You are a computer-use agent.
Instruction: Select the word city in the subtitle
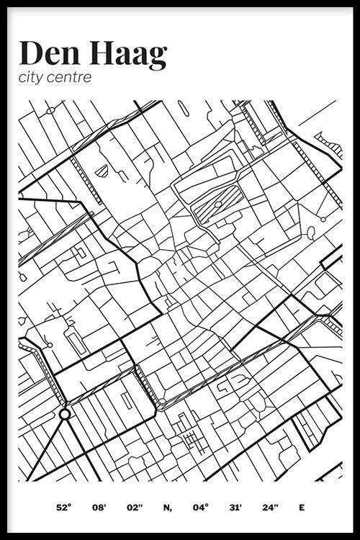pyautogui.click(x=32, y=77)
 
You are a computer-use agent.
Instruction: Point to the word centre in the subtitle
pyautogui.click(x=71, y=77)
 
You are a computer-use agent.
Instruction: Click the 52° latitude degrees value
pyautogui.click(x=63, y=508)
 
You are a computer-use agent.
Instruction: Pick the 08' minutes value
pyautogui.click(x=99, y=508)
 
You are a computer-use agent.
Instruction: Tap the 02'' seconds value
pyautogui.click(x=135, y=508)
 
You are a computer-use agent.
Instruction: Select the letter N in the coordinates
pyautogui.click(x=168, y=508)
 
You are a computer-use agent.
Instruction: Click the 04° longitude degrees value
pyautogui.click(x=200, y=508)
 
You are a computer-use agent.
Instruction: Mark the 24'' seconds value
pyautogui.click(x=270, y=508)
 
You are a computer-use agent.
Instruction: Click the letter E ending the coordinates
pyautogui.click(x=302, y=508)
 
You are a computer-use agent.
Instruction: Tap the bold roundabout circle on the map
pyautogui.click(x=64, y=413)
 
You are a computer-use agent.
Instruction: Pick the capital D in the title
pyautogui.click(x=31, y=53)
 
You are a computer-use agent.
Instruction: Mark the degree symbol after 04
pyautogui.click(x=208, y=505)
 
